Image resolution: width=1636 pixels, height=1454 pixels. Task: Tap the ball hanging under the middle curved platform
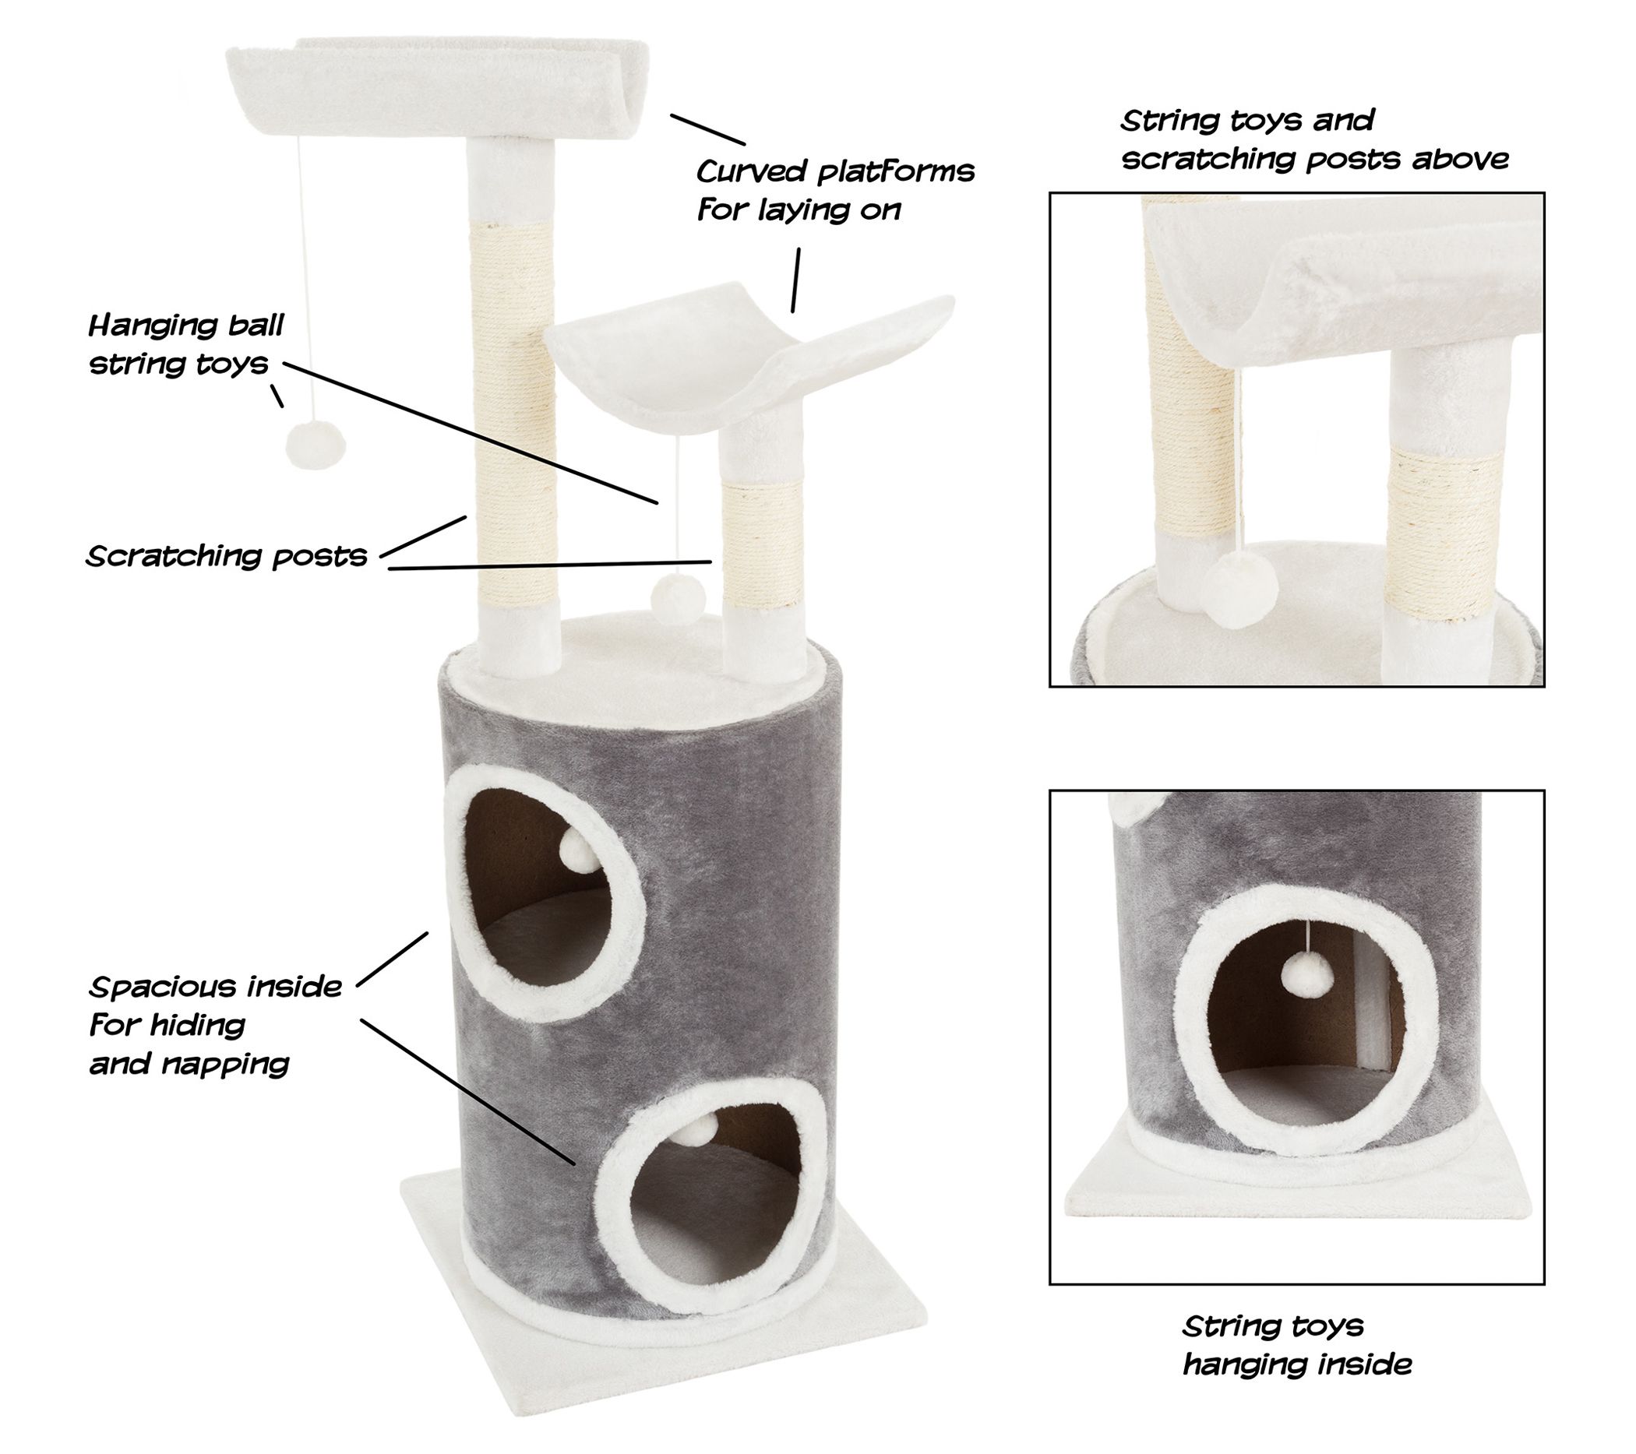(x=679, y=597)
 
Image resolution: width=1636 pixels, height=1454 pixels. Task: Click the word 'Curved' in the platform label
(x=751, y=171)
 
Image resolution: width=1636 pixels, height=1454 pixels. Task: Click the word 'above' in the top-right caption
(x=1460, y=159)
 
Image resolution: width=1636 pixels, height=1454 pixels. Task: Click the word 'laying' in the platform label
(x=829, y=210)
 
